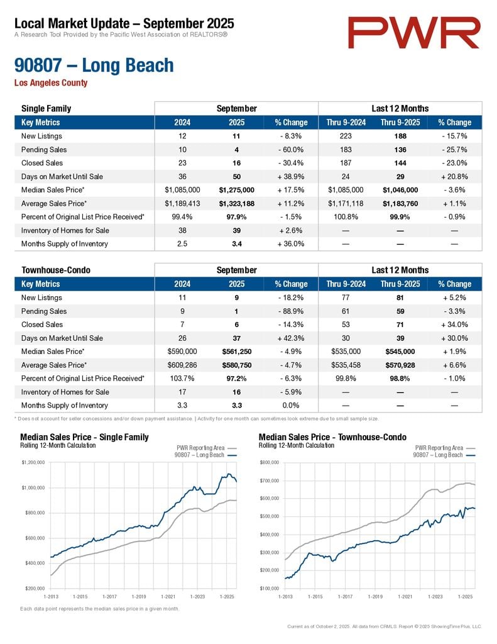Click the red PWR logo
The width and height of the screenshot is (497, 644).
[x=414, y=33]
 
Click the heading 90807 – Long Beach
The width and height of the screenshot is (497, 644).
[x=94, y=65]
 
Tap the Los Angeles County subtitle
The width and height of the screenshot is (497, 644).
[x=51, y=83]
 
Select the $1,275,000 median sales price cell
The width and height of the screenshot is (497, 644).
[x=236, y=190]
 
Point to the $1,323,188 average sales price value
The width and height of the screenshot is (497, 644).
[x=236, y=203]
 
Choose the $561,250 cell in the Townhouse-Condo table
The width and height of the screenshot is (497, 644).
[x=236, y=352]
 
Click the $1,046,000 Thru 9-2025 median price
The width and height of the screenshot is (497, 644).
[x=400, y=190]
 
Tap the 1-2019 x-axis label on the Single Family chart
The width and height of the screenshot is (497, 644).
[x=138, y=596]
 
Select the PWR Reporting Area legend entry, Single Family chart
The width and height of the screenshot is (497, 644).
[x=197, y=448]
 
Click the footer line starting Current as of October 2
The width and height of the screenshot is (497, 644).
[x=384, y=626]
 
